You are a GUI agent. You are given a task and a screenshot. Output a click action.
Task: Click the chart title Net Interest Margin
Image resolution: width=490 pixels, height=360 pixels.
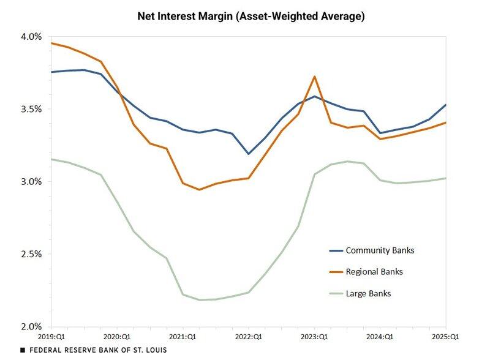pos(251,16)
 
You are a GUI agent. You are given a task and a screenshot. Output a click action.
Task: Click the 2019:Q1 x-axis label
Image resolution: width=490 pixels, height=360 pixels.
pos(51,337)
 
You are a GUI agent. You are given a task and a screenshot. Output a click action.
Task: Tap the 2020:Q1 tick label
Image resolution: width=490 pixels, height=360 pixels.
pos(117,337)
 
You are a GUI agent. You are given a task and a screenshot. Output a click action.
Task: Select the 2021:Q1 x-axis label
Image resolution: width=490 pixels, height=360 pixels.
pos(183,337)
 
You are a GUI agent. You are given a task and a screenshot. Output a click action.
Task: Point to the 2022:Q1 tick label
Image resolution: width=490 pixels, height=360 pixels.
pos(249,337)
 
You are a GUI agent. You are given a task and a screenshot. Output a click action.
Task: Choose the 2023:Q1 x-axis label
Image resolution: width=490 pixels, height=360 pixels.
pos(314,337)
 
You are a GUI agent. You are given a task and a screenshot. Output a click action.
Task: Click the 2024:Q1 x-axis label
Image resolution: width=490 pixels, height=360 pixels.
pos(380,337)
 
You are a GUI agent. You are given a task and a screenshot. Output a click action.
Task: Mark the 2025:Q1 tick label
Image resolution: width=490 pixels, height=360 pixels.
pos(445,337)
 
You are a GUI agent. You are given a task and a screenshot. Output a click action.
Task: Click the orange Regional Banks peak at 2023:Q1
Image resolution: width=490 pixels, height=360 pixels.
pos(314,77)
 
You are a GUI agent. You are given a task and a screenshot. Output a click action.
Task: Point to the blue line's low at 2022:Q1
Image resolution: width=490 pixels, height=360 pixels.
pos(249,154)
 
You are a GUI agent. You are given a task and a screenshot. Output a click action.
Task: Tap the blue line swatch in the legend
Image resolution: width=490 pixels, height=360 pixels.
pos(336,250)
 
